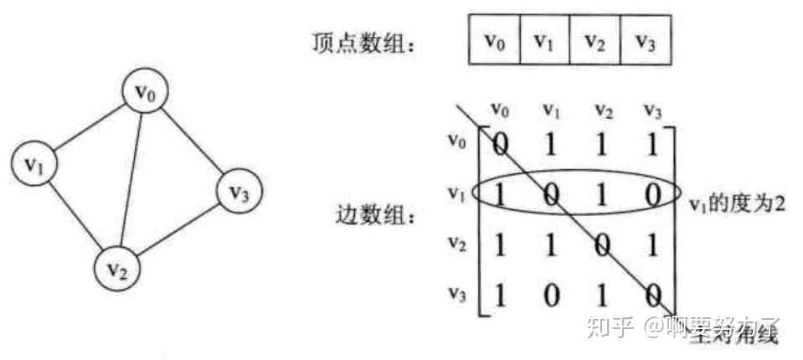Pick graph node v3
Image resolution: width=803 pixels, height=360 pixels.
[x=239, y=193]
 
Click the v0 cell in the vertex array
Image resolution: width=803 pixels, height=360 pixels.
[x=494, y=41]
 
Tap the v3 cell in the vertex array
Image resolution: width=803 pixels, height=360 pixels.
[x=644, y=41]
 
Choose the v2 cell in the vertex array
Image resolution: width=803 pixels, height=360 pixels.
[x=594, y=41]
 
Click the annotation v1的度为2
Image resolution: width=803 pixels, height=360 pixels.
[x=737, y=203]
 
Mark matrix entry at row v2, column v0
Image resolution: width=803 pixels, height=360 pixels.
[x=500, y=246]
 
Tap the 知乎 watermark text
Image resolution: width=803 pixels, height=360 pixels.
[x=608, y=325]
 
